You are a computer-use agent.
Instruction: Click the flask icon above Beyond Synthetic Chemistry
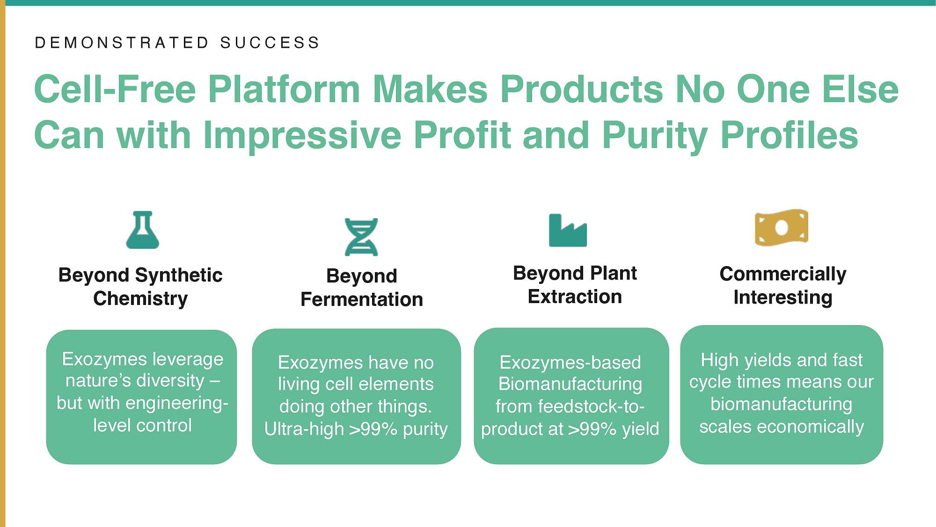click(x=143, y=230)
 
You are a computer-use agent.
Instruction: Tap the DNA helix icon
click(x=361, y=237)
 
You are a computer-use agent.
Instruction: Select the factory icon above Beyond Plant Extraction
click(x=568, y=230)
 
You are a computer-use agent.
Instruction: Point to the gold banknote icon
click(x=782, y=228)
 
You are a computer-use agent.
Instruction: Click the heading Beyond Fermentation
click(x=362, y=288)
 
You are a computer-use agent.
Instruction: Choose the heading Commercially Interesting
click(x=783, y=285)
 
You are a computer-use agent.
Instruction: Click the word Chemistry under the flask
click(x=140, y=299)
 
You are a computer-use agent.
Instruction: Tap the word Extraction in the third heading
click(x=575, y=297)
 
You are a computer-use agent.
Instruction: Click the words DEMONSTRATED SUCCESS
click(x=177, y=43)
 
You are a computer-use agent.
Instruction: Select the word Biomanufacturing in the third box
click(x=570, y=384)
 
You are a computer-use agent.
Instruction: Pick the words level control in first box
click(x=143, y=425)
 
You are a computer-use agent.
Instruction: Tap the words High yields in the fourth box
click(x=746, y=361)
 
